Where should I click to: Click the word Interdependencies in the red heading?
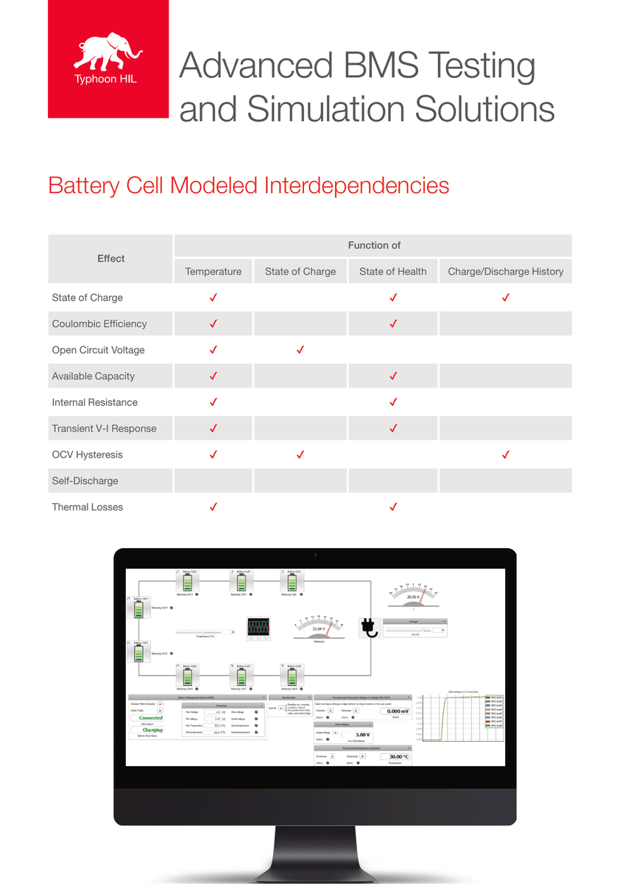(x=356, y=185)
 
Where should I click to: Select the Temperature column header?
(x=214, y=272)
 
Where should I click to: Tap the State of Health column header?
(x=392, y=272)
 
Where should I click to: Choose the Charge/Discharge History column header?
(x=505, y=272)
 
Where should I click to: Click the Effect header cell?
(x=110, y=259)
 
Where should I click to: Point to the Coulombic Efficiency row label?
(x=99, y=324)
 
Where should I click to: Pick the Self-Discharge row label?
(x=85, y=481)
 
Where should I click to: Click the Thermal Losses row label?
(x=88, y=507)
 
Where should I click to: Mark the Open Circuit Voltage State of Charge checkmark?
(x=300, y=350)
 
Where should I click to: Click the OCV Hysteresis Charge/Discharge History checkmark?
(x=506, y=455)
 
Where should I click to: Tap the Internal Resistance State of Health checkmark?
(x=393, y=402)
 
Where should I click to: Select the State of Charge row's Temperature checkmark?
(x=214, y=298)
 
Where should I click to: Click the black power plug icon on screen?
(x=368, y=627)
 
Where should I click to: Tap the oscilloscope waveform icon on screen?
(x=258, y=628)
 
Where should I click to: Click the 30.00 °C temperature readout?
(x=399, y=757)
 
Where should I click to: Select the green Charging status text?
(x=152, y=730)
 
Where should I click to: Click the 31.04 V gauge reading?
(x=318, y=628)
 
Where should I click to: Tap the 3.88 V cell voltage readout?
(x=362, y=734)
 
